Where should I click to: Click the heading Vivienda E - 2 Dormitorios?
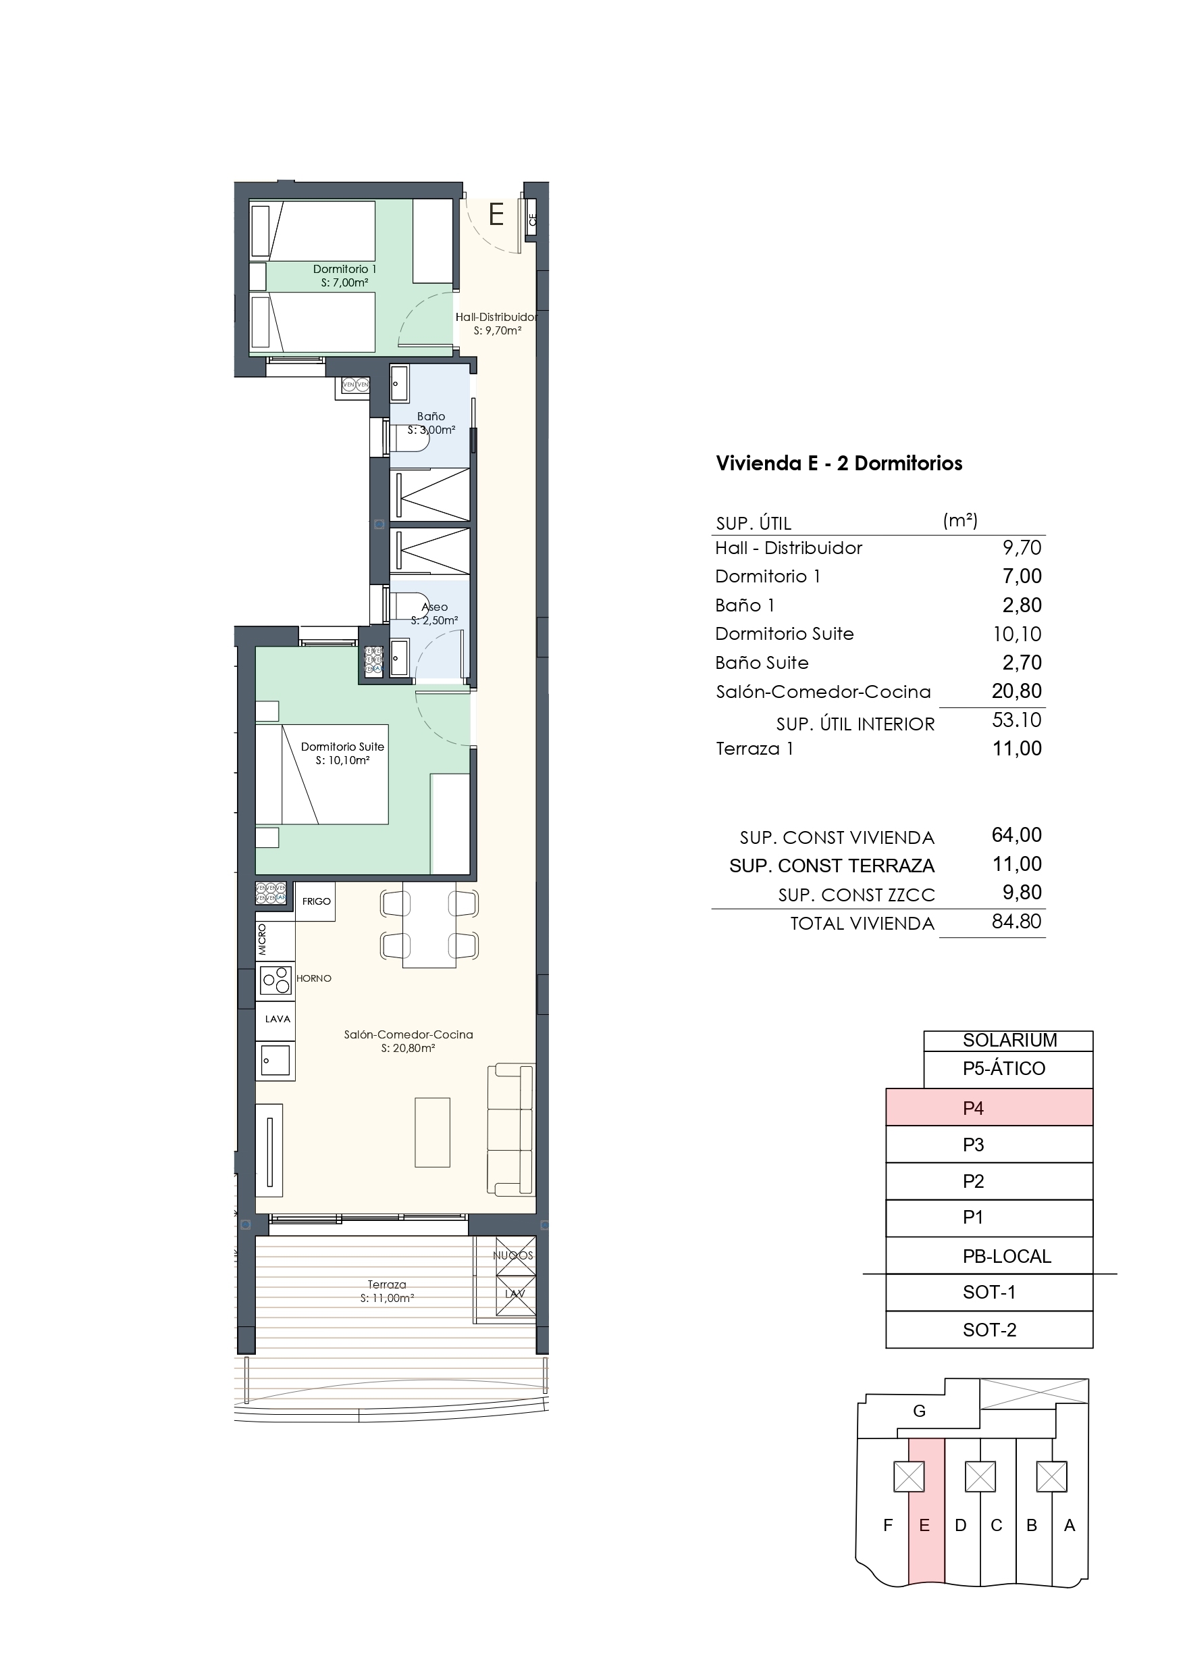[x=838, y=463]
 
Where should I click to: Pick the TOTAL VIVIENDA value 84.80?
[x=1016, y=922]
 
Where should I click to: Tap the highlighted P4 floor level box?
[x=989, y=1108]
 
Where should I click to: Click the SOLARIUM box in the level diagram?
[x=1007, y=1040]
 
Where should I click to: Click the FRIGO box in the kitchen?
[x=315, y=901]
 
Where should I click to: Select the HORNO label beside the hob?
[x=314, y=978]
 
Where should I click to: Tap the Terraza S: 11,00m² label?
[x=387, y=1291]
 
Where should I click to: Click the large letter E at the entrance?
[x=496, y=215]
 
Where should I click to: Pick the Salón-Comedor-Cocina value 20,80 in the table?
[x=1016, y=691]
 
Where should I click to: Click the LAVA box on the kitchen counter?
[x=277, y=1019]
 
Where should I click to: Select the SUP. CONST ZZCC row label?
[x=855, y=895]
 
